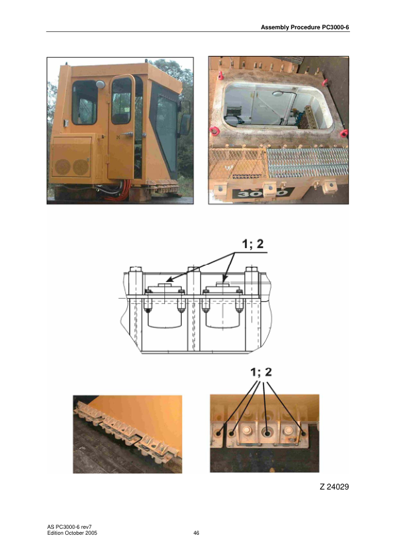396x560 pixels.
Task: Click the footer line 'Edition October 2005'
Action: click(x=77, y=533)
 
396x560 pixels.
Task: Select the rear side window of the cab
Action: click(x=85, y=102)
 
